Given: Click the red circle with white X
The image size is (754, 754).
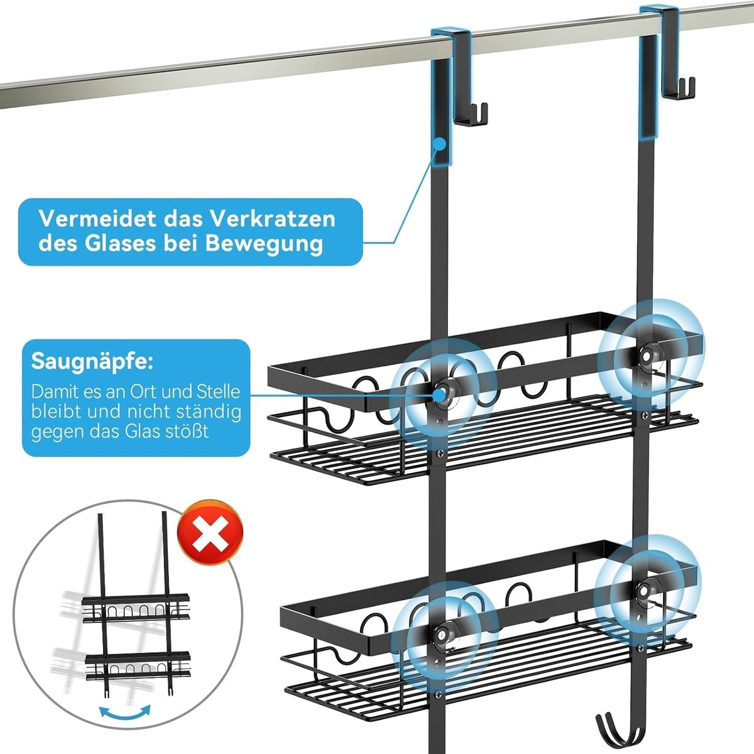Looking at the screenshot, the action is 210,532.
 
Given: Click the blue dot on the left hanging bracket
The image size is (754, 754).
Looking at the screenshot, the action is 440,143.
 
